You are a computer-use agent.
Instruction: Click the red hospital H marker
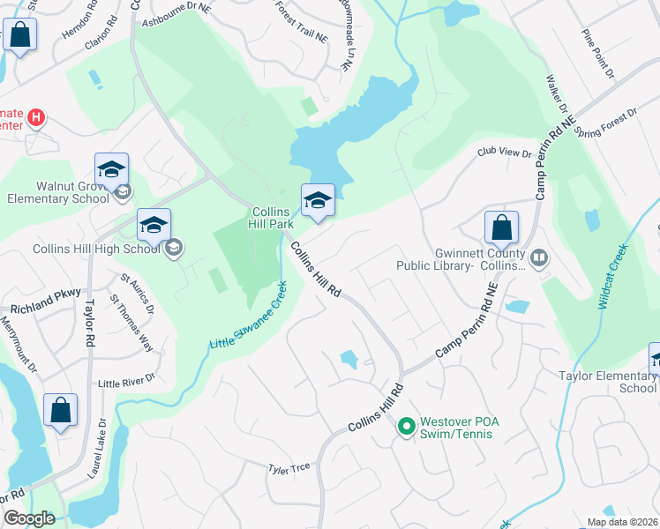pos(35,116)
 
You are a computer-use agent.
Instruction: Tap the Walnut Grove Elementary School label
pos(60,193)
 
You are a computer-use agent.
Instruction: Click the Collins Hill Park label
pos(273,218)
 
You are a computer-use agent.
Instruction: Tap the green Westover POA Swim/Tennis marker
pos(406,428)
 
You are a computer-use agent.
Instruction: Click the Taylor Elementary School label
pos(608,382)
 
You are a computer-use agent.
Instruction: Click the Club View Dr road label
pos(505,153)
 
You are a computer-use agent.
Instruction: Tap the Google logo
pos(29,518)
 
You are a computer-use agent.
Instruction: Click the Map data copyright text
pos(623,522)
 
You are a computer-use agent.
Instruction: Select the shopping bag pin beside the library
pos(501,228)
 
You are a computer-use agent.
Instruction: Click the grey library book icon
pos(539,257)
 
